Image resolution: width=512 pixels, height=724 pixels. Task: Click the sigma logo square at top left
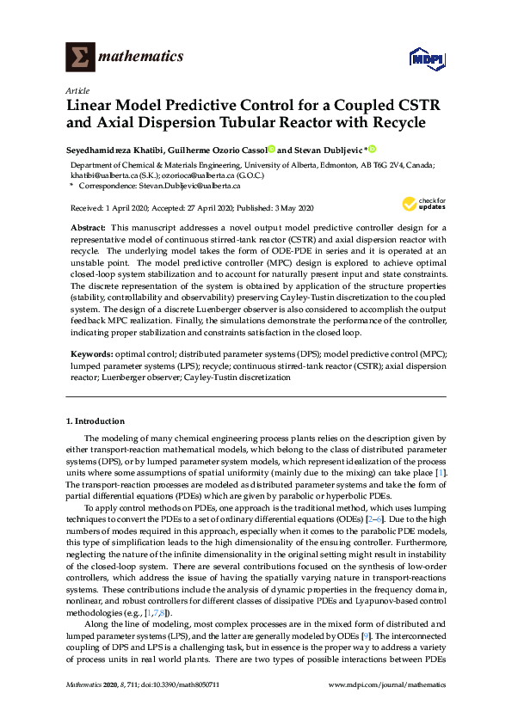pos(80,57)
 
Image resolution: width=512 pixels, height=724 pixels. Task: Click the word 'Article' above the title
pos(77,90)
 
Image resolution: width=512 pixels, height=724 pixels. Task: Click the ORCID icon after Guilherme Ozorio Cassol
pos(271,148)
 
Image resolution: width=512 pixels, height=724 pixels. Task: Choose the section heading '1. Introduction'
pos(96,421)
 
